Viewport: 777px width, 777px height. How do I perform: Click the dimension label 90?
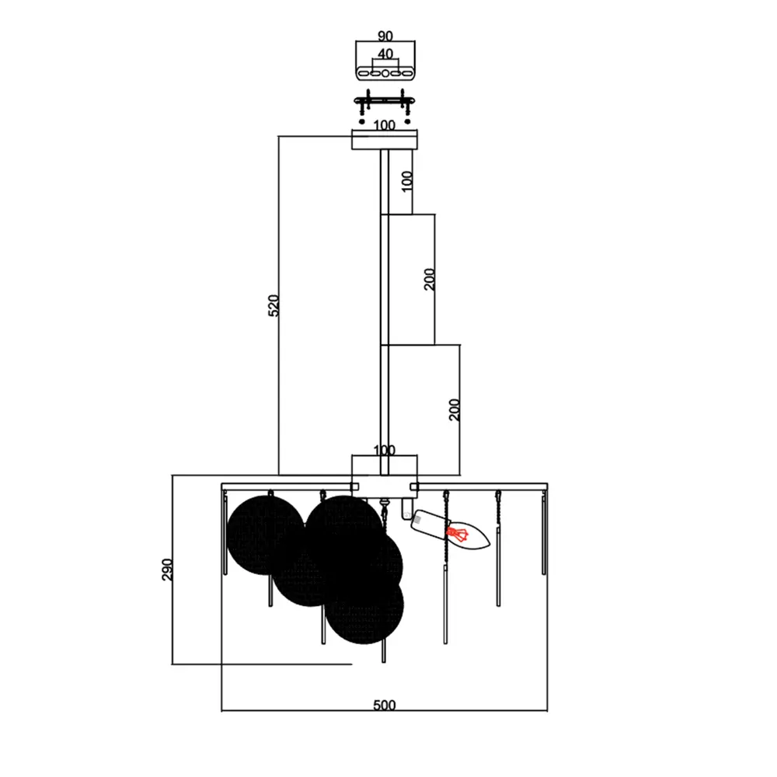(x=385, y=37)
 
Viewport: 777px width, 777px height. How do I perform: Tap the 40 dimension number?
(x=385, y=54)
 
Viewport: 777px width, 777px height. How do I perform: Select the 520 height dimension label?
(x=274, y=305)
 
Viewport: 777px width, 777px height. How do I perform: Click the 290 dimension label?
(x=168, y=570)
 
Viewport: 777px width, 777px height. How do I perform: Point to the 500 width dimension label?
(x=385, y=705)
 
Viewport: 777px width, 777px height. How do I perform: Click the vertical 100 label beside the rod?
(x=407, y=181)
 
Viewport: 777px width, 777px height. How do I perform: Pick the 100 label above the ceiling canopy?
(x=385, y=125)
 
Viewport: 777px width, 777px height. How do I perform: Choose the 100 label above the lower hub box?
(x=385, y=450)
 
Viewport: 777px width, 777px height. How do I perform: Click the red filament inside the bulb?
(x=458, y=535)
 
